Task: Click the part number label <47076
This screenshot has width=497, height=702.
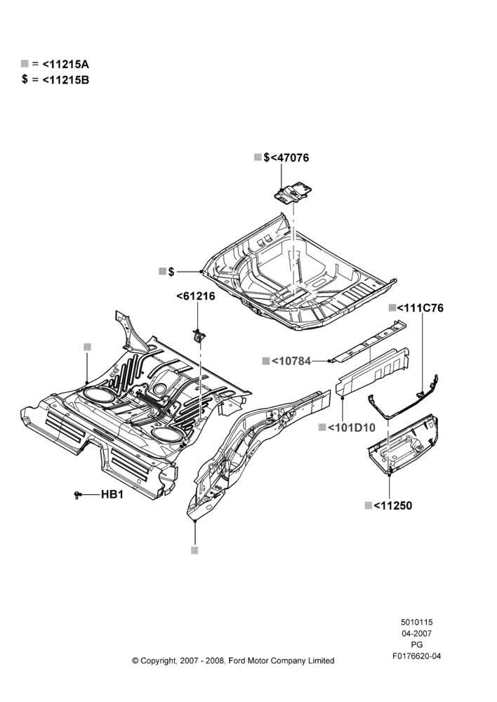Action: [290, 157]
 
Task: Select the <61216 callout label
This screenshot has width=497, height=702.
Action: [196, 296]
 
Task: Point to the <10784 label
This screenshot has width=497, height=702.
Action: [291, 361]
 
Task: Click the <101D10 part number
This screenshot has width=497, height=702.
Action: [352, 428]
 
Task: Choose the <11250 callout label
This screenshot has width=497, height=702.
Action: [392, 505]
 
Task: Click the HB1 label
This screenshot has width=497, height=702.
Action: [112, 494]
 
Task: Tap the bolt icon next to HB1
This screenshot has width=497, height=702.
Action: [77, 495]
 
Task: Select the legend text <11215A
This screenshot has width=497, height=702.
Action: [66, 64]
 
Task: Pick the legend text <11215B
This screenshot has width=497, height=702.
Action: [66, 80]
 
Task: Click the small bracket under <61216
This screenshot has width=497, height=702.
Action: [198, 335]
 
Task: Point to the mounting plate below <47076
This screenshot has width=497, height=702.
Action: [293, 192]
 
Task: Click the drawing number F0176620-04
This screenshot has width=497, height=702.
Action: [417, 656]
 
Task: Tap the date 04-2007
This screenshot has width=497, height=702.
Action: [417, 633]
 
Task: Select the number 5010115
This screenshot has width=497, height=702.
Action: [417, 622]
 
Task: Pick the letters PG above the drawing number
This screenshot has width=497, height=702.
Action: [417, 645]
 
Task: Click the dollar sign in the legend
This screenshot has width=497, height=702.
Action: [25, 80]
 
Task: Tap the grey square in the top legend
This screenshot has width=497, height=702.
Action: [25, 64]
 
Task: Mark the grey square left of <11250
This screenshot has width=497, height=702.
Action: [368, 505]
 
